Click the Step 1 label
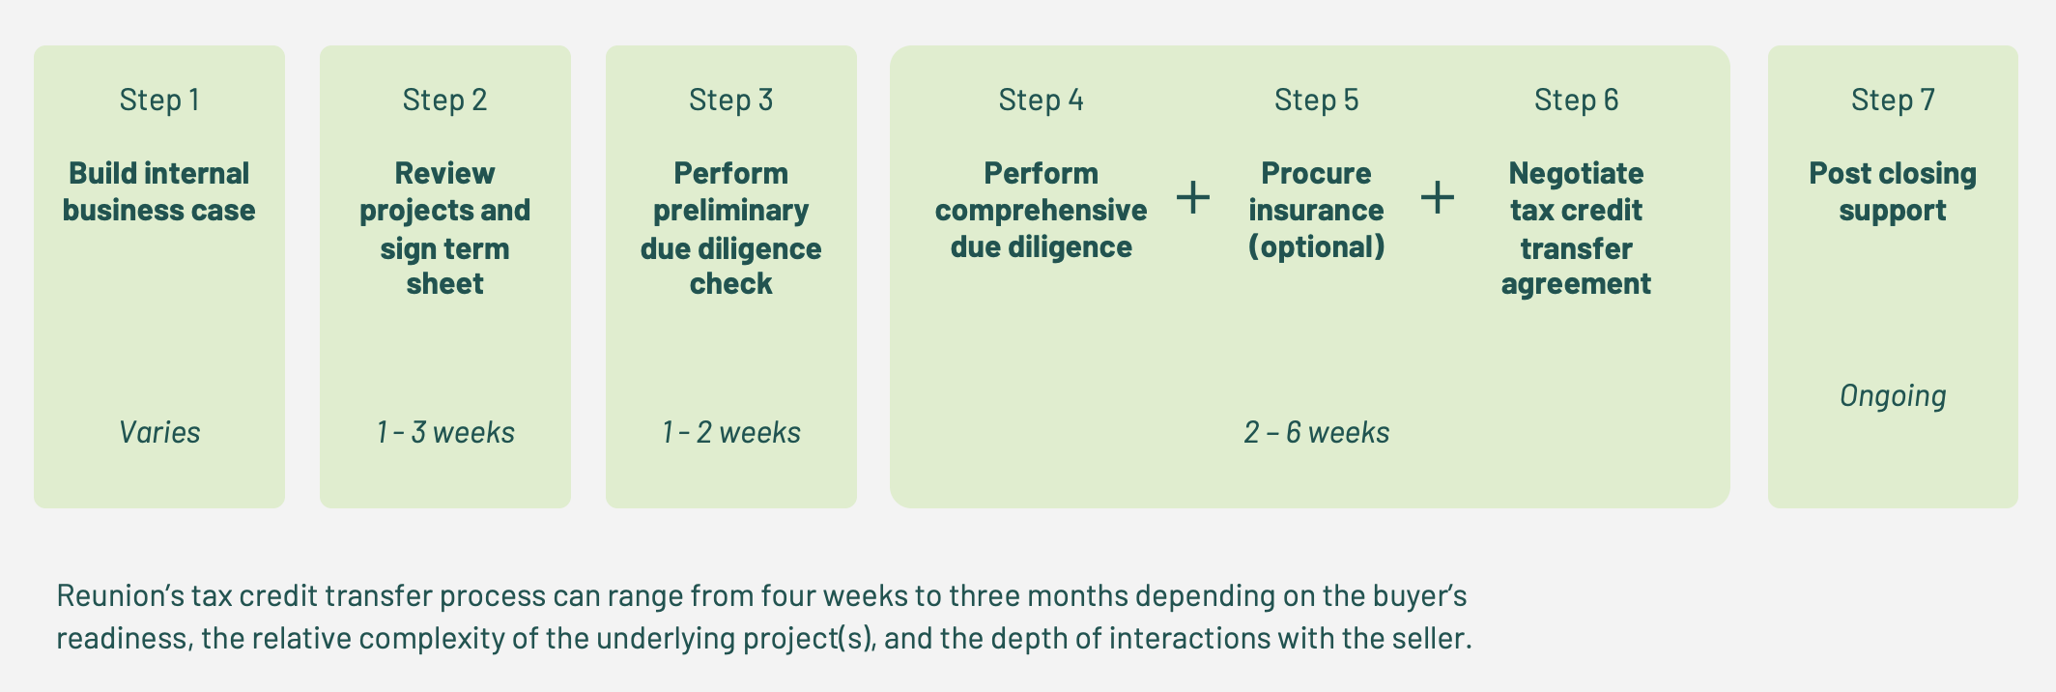coord(159,100)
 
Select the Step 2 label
coord(444,100)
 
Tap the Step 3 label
coord(730,100)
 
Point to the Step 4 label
coord(1041,100)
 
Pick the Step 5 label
coord(1316,100)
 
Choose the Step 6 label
coord(1576,100)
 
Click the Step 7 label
coord(1893,100)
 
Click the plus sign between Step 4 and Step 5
coord(1193,197)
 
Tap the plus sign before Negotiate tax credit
coord(1438,197)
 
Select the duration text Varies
coord(159,432)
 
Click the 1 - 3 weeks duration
coord(444,432)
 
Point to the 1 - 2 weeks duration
coord(730,432)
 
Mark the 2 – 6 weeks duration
coord(1316,432)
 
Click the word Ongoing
coord(1893,395)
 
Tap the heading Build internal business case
coord(159,191)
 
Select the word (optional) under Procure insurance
coord(1316,247)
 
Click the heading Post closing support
coord(1893,191)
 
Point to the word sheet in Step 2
coord(444,284)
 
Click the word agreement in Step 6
coord(1576,284)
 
